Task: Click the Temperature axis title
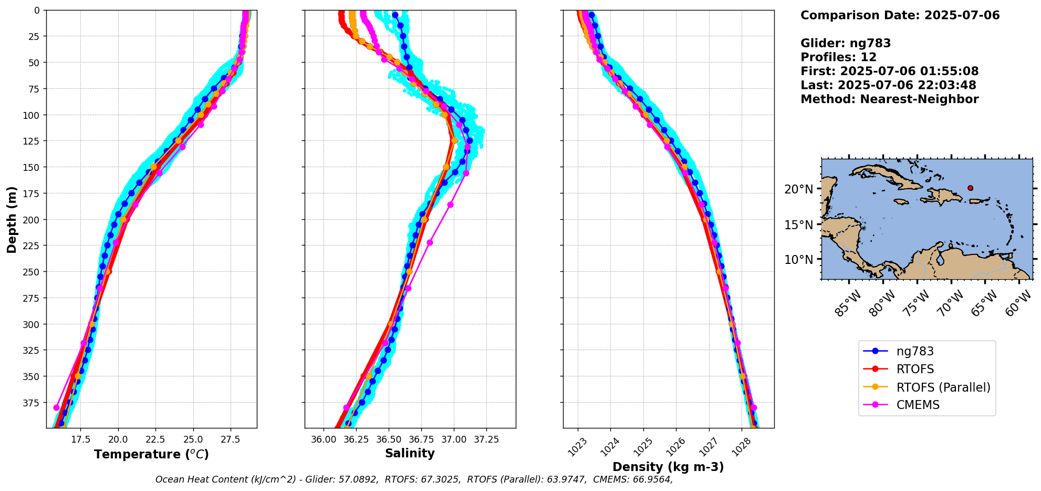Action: (151, 454)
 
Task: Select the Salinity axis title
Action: (410, 454)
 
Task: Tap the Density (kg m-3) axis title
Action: (668, 467)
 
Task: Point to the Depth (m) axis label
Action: (12, 219)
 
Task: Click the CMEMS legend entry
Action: (918, 405)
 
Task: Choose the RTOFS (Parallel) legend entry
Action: (943, 387)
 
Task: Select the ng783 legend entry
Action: (915, 352)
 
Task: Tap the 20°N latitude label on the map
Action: (798, 189)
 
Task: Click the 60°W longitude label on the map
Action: (1018, 303)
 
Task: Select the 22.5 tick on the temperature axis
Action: (156, 439)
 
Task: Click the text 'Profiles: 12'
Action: (838, 57)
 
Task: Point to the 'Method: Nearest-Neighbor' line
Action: (889, 99)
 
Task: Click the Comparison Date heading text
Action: (900, 15)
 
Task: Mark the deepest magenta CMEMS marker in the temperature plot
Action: (57, 407)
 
